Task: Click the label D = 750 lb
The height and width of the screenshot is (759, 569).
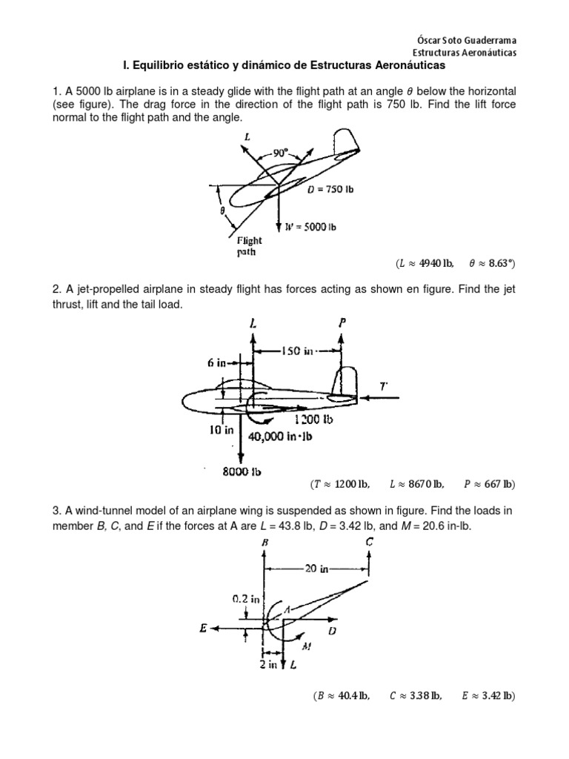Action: tap(330, 189)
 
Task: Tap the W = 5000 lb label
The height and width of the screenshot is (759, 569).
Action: tap(310, 227)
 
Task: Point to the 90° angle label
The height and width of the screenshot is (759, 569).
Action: tap(280, 153)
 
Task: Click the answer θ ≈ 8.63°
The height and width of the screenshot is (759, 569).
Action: tap(492, 263)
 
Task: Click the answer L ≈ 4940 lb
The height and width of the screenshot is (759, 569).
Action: tap(425, 263)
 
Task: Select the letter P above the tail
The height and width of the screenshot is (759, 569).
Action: tap(342, 324)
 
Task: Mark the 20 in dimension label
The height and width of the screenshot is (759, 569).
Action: tap(316, 569)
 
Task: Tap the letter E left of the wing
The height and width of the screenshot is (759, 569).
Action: tap(203, 629)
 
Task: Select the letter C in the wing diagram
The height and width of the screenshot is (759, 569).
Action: tap(370, 543)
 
